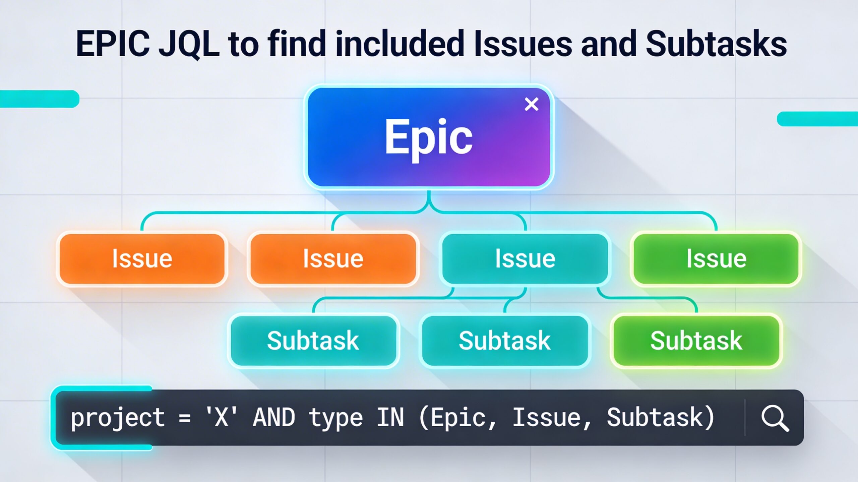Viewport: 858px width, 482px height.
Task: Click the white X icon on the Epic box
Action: tap(531, 104)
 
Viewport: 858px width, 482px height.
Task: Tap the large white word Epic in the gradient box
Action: tap(428, 138)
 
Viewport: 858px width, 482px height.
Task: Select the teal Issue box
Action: tap(525, 259)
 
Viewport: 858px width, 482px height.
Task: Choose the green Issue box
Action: tap(716, 259)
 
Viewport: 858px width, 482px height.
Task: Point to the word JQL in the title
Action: tap(189, 44)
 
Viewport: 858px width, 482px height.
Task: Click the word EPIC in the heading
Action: tap(113, 44)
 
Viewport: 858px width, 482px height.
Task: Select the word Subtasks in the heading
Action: tap(716, 43)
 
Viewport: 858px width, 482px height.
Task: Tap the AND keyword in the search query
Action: tap(274, 417)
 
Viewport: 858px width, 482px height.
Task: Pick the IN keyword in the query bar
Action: tap(390, 417)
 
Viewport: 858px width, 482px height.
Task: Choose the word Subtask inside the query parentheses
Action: tap(655, 417)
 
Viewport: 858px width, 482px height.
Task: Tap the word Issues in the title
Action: tap(524, 43)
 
